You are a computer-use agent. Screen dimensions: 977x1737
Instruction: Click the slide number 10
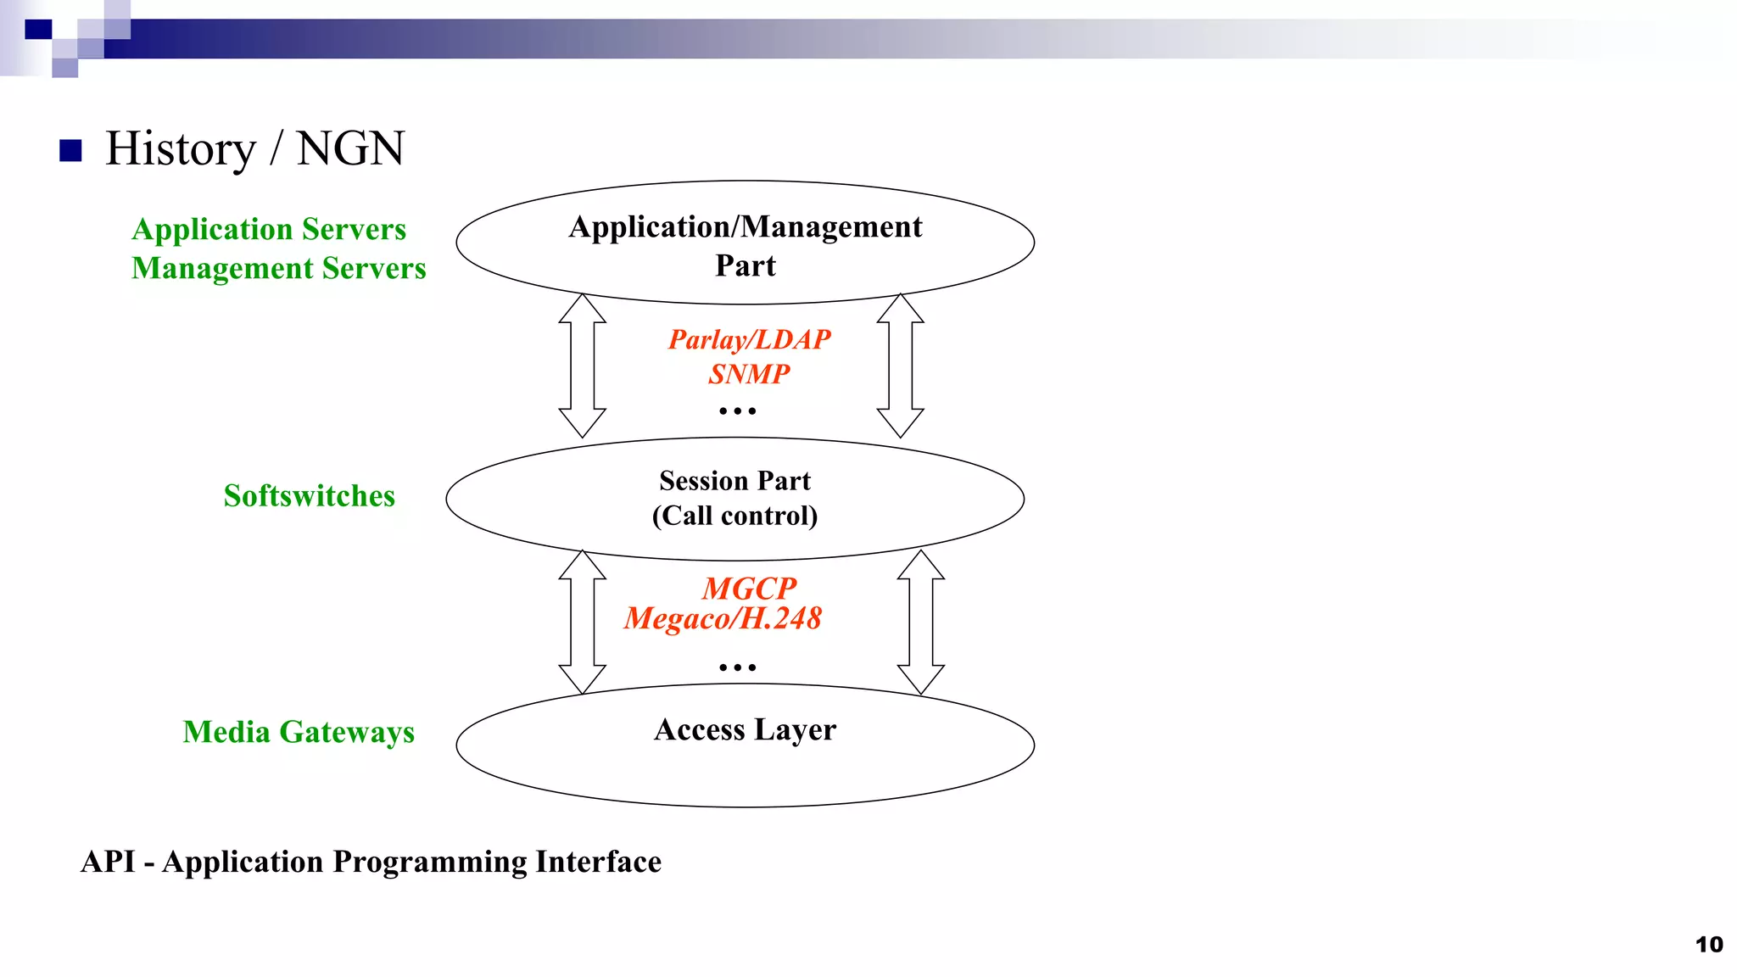tap(1708, 945)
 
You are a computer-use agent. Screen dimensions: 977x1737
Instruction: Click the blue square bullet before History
tap(70, 151)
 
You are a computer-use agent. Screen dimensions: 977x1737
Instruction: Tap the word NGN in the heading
tap(350, 149)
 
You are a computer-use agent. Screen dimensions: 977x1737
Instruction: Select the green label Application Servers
tap(269, 230)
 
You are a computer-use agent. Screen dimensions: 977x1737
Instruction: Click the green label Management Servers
tap(278, 269)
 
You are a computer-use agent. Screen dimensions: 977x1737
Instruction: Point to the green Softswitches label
tap(309, 496)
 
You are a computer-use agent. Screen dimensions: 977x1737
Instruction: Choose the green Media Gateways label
tap(299, 732)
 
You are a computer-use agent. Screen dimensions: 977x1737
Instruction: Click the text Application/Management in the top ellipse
tap(745, 227)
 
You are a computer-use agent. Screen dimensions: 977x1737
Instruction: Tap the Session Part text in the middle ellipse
tap(734, 481)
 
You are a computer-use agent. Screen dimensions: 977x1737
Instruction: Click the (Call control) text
tap(734, 516)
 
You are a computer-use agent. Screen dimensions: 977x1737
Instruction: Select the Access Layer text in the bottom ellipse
tap(745, 729)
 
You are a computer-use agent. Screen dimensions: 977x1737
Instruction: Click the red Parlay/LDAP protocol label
tap(749, 339)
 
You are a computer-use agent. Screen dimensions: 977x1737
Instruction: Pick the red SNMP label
tap(749, 374)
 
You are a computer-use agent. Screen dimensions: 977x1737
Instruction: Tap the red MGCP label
tap(749, 588)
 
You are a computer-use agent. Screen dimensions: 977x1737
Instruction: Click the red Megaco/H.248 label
tap(723, 618)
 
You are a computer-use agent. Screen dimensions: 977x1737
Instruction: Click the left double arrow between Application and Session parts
tap(582, 366)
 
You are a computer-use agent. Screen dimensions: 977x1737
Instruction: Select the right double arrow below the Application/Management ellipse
tap(900, 366)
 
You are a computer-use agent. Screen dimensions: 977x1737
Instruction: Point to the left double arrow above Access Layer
tap(582, 622)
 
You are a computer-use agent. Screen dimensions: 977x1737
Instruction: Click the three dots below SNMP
tap(737, 411)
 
